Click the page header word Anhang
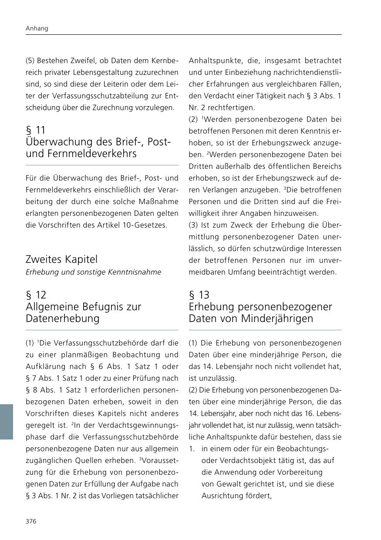37,28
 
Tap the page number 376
31,522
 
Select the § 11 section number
36,130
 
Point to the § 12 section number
36,295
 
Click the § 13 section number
199,295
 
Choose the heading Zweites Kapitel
61,259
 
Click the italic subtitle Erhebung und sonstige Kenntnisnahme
93,272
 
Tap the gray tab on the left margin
7,422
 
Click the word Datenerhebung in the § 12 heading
63,319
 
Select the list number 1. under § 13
192,449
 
